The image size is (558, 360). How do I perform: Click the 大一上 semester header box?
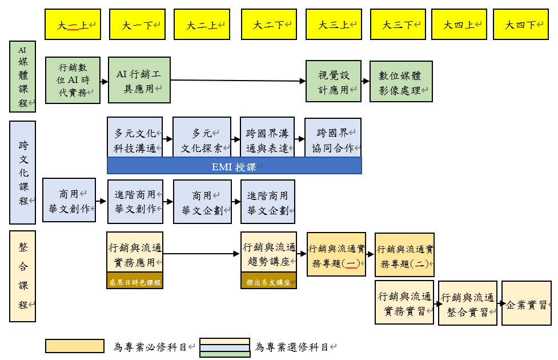pyautogui.click(x=73, y=25)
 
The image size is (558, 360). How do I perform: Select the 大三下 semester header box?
pyautogui.click(x=398, y=25)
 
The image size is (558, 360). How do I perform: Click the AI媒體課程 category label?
pyautogui.click(x=23, y=77)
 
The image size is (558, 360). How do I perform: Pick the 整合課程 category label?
pyautogui.click(x=23, y=276)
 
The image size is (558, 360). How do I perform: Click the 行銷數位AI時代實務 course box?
pyautogui.click(x=73, y=80)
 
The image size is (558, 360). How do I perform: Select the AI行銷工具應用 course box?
pyautogui.click(x=139, y=80)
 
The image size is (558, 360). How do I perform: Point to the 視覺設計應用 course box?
pyautogui.click(x=334, y=81)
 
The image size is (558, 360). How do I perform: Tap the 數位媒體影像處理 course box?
pyautogui.click(x=400, y=81)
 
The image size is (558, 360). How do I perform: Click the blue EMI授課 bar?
pyautogui.click(x=234, y=166)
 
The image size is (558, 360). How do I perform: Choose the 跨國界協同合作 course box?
pyautogui.click(x=333, y=137)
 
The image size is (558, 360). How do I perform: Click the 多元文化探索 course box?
pyautogui.click(x=202, y=137)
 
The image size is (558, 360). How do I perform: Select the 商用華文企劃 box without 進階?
pyautogui.click(x=202, y=202)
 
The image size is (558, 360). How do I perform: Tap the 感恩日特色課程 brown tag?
pyautogui.click(x=135, y=281)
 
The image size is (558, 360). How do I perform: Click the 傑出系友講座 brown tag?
pyautogui.click(x=268, y=281)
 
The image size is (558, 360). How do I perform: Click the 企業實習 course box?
pyautogui.click(x=526, y=303)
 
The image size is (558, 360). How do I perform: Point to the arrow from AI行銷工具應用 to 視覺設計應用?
pyautogui.click(x=238, y=81)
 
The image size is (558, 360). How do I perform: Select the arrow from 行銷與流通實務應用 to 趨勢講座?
pyautogui.click(x=202, y=253)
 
